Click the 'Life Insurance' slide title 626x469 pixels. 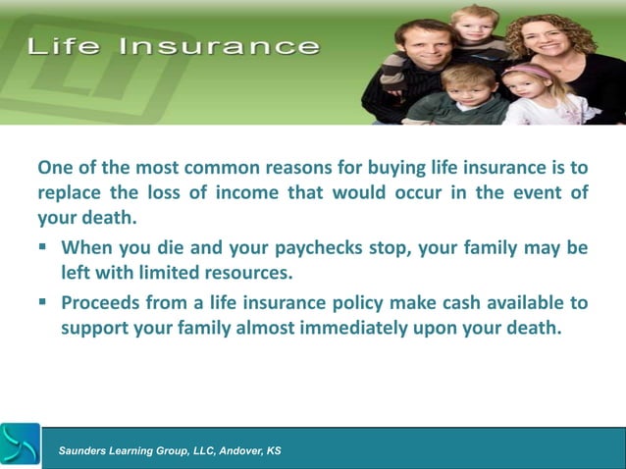(173, 46)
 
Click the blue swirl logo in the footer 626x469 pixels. (21, 445)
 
